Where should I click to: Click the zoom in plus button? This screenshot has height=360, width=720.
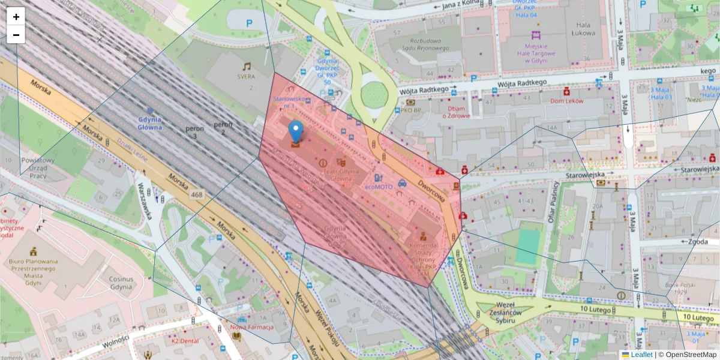coord(16,17)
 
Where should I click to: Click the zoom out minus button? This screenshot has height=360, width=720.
coord(16,35)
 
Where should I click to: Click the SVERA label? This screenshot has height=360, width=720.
coord(246,77)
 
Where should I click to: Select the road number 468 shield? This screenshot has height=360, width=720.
coord(196,195)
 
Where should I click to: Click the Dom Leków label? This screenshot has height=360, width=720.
coord(565,101)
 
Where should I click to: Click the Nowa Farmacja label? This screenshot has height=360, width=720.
coord(252,327)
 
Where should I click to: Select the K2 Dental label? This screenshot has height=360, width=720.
coord(184,341)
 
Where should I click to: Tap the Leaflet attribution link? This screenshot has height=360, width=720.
coord(641,355)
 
